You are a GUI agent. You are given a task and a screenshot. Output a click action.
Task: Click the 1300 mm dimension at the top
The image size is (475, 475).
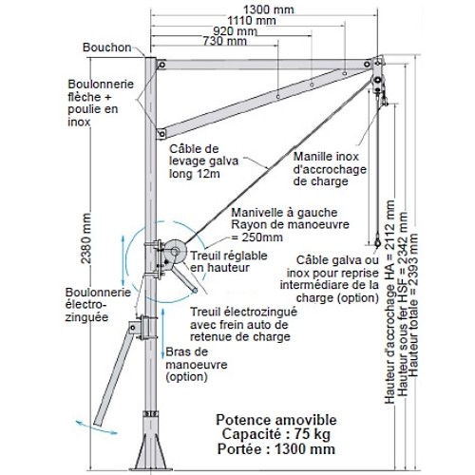tap(269, 9)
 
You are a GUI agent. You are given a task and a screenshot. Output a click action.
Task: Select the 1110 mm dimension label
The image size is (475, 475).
tap(252, 21)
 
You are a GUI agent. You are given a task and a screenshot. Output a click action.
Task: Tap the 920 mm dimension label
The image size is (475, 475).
tap(235, 31)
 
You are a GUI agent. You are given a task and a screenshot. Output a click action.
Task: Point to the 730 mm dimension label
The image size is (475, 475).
tap(224, 41)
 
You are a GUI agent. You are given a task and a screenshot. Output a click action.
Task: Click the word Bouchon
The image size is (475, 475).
tap(107, 47)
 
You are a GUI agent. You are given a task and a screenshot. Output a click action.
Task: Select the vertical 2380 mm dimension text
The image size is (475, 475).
tap(85, 238)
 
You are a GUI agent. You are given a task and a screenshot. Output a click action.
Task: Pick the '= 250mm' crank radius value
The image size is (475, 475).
tap(257, 237)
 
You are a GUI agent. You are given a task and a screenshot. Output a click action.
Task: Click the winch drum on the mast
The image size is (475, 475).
tap(175, 252)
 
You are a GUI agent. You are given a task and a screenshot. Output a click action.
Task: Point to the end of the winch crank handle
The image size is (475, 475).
tap(195, 290)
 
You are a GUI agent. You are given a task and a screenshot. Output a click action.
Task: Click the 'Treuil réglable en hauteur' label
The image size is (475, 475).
tap(229, 261)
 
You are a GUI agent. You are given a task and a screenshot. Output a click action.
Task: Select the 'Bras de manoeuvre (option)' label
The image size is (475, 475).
tap(197, 364)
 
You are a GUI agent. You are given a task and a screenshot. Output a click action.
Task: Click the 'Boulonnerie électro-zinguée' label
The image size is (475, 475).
tap(98, 305)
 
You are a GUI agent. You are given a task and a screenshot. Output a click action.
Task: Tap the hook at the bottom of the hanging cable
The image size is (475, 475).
tap(377, 241)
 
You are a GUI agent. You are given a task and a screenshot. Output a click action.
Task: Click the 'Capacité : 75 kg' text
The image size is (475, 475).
tap(275, 434)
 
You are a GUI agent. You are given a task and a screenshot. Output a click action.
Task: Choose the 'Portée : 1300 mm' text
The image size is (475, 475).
tap(275, 449)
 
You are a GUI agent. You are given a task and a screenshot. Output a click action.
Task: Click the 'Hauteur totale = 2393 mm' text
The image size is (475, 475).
tap(413, 305)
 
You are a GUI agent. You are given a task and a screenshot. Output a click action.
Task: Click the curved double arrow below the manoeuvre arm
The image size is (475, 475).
tap(96, 427)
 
